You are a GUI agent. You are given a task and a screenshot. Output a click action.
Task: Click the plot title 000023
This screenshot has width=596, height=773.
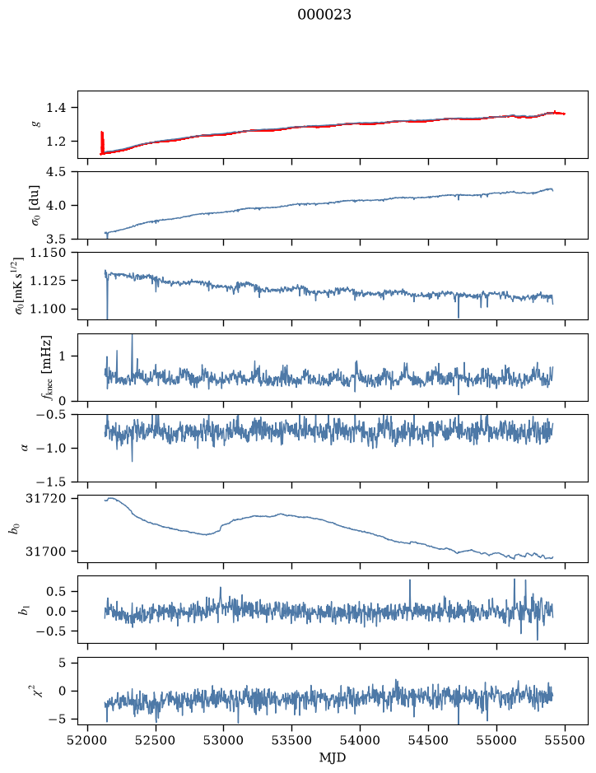pos(324,15)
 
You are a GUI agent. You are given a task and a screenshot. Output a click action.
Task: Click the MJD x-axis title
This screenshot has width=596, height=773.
pos(333,757)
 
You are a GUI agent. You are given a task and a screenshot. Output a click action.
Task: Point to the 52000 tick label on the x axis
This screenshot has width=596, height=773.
pos(88,740)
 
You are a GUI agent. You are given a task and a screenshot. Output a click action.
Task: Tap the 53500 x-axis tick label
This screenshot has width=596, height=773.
pos(292,740)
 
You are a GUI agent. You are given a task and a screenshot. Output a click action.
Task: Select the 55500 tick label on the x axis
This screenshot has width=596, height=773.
pos(565,740)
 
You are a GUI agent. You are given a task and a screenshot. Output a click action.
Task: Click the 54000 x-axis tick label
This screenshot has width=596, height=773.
pos(360,740)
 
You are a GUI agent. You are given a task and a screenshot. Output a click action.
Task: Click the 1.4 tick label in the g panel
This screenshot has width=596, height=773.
pos(55,108)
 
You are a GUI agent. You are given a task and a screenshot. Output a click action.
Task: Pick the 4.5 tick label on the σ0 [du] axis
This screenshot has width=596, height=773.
pos(55,171)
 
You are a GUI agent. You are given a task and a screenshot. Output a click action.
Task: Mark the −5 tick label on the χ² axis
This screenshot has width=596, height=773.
pos(58,719)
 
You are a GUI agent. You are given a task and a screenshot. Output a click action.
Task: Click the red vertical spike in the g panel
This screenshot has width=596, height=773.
pos(102,142)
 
